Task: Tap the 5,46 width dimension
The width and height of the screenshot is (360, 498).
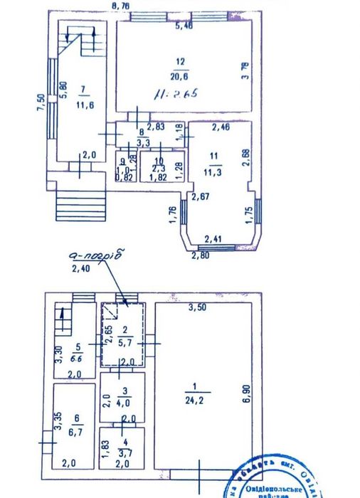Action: [x=184, y=26]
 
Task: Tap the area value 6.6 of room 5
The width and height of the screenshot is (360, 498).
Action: [x=78, y=358]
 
